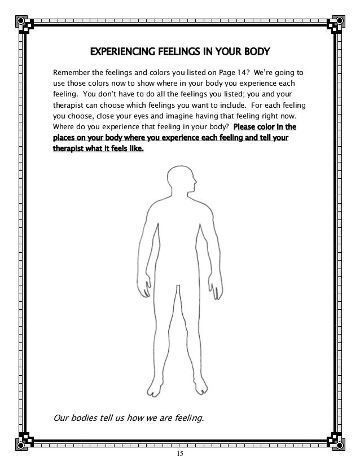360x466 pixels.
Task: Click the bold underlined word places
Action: click(65, 138)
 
